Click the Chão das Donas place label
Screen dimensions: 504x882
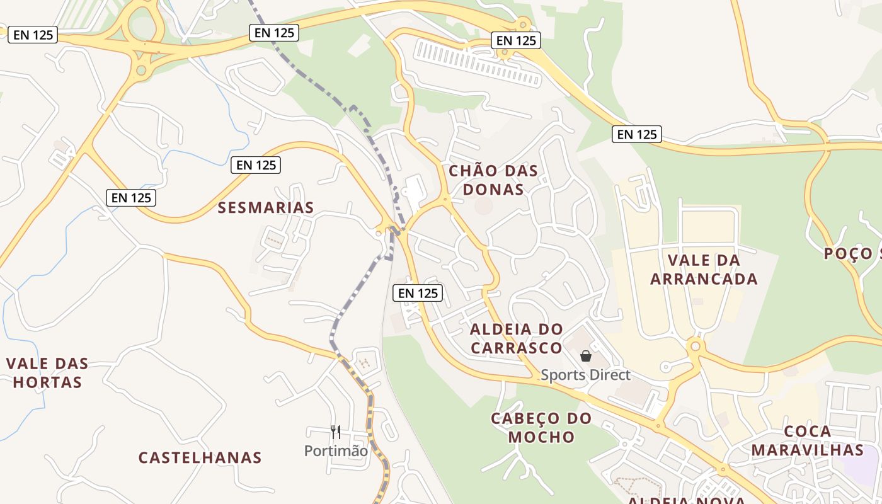(493, 180)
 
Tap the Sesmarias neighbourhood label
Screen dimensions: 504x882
(265, 207)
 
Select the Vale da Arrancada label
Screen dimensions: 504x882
(704, 269)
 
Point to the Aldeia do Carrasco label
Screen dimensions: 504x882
(517, 338)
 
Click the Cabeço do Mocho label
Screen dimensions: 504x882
(541, 427)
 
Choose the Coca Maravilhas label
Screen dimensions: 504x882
(807, 440)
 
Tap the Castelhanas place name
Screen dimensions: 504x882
(200, 457)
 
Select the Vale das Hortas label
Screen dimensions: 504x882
(47, 372)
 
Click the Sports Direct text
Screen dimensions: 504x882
(585, 375)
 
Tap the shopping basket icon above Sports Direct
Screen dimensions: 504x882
(586, 356)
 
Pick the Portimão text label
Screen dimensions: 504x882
(336, 450)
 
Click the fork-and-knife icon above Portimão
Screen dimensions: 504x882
(336, 432)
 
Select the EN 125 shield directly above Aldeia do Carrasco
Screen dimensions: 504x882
(418, 292)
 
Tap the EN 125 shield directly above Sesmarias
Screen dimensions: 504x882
(256, 165)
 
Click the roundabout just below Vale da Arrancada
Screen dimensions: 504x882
(696, 346)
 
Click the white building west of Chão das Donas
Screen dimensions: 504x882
(415, 190)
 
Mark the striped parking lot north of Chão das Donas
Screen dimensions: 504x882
(478, 63)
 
